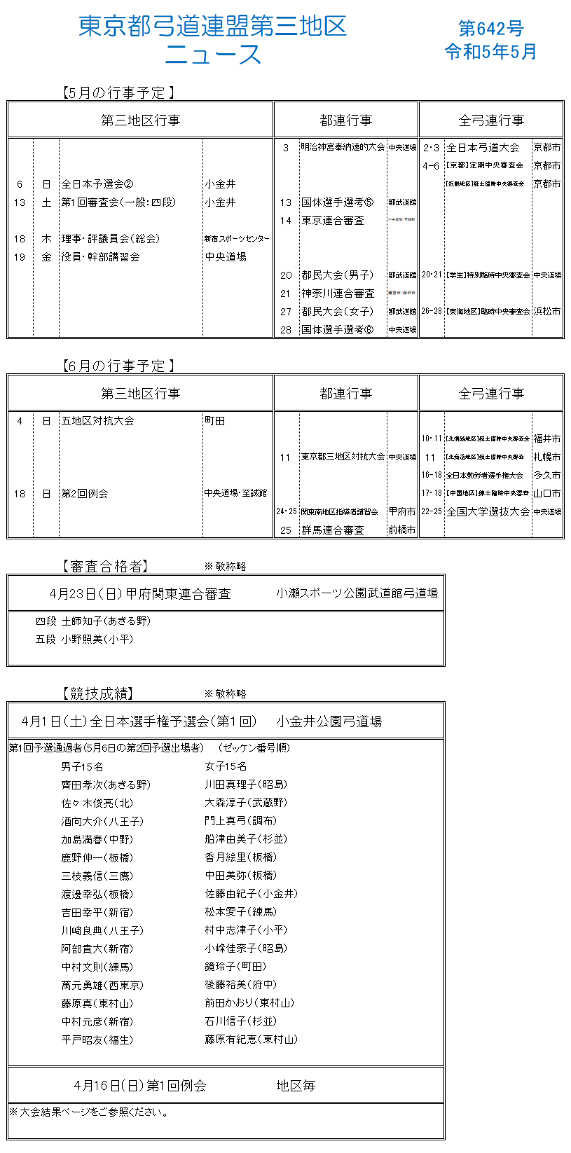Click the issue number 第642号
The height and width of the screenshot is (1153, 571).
pyautogui.click(x=490, y=28)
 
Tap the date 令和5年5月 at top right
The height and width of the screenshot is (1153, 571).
pyautogui.click(x=490, y=52)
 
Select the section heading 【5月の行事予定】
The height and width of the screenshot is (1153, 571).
pyautogui.click(x=118, y=92)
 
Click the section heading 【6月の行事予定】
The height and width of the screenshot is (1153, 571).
pyautogui.click(x=118, y=366)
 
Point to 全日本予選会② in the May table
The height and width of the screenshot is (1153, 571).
pyautogui.click(x=97, y=184)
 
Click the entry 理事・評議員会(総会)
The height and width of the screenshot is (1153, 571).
pyautogui.click(x=110, y=239)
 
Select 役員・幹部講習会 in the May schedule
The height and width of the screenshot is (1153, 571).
pyautogui.click(x=100, y=257)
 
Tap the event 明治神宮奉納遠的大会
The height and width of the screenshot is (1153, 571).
pyautogui.click(x=343, y=148)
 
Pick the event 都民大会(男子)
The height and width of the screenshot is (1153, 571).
pyautogui.click(x=338, y=275)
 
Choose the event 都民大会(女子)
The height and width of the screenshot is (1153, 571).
pyautogui.click(x=338, y=312)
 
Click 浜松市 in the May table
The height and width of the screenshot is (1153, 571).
pyautogui.click(x=547, y=312)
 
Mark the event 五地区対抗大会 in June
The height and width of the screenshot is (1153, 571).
pyautogui.click(x=97, y=421)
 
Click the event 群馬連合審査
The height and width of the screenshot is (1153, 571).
pyautogui.click(x=333, y=530)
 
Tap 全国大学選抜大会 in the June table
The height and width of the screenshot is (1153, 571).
pyautogui.click(x=488, y=512)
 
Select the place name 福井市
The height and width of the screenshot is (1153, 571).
pyautogui.click(x=547, y=439)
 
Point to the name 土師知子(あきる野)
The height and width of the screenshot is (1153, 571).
pyautogui.click(x=106, y=621)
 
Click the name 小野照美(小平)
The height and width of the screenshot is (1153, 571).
pyautogui.click(x=97, y=640)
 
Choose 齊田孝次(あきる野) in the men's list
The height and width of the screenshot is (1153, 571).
pyautogui.click(x=106, y=785)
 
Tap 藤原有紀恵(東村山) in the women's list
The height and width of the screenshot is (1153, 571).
pyautogui.click(x=251, y=1040)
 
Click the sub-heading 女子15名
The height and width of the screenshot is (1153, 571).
pyautogui.click(x=226, y=767)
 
